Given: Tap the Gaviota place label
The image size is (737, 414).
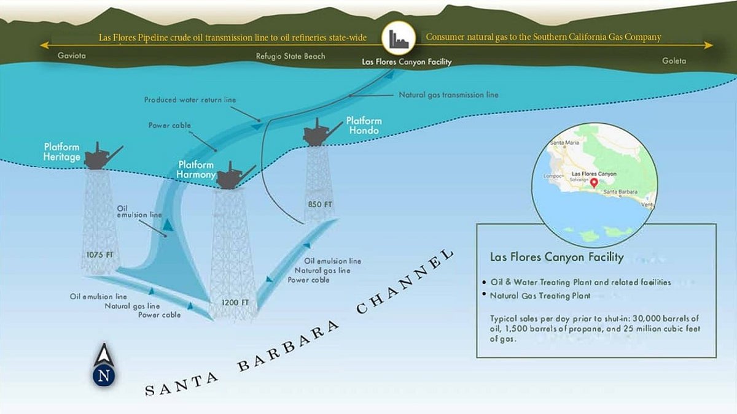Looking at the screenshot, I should coord(71,56).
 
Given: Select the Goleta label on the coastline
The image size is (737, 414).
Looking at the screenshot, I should coord(674,61).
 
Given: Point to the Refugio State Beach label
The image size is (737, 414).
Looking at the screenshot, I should coord(291,56).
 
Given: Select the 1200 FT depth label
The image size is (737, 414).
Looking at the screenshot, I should coord(235,302).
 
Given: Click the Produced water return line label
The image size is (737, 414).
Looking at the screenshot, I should coord(190,99).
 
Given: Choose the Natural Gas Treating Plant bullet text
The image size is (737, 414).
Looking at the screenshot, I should coord(540,296).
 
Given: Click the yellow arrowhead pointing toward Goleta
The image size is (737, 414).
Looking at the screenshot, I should coord(709,45).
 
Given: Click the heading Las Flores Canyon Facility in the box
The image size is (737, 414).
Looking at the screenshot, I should coord(556,257).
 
